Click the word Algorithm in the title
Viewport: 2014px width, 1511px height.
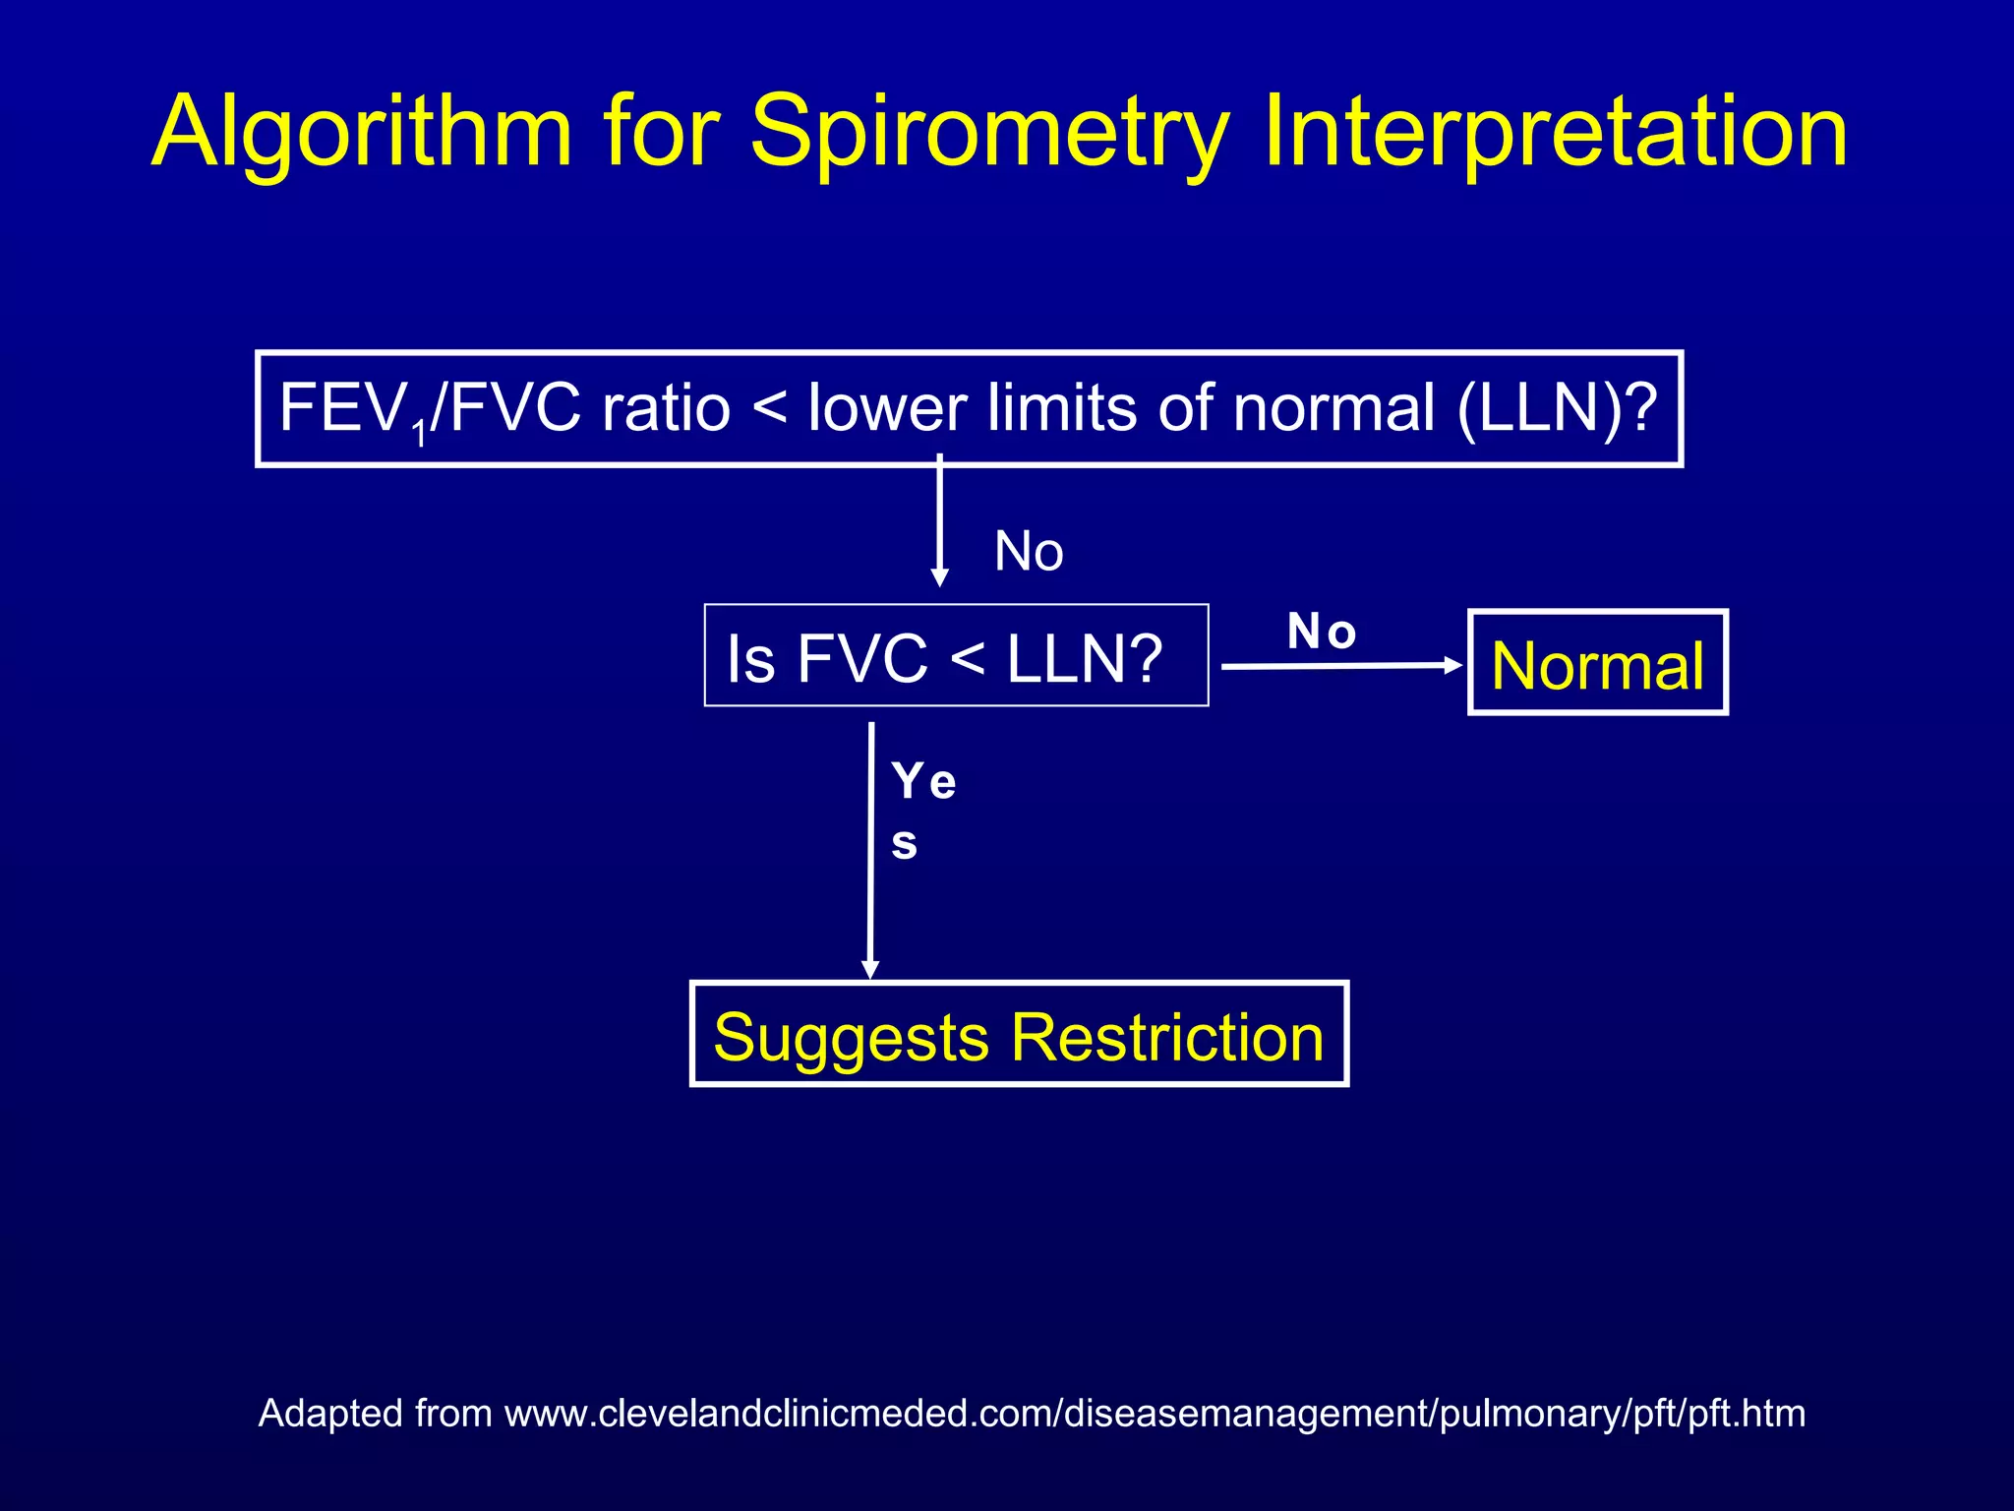tap(362, 133)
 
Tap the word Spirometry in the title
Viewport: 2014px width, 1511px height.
tap(989, 133)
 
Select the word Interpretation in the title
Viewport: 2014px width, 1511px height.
tap(1554, 133)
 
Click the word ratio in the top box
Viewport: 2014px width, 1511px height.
tap(666, 408)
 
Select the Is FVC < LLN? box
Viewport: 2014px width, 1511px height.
tap(956, 656)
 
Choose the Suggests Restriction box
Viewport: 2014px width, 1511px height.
tap(1019, 1035)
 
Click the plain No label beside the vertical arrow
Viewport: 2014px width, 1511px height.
tap(1029, 551)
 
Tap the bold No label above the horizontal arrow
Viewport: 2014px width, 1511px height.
tap(1322, 632)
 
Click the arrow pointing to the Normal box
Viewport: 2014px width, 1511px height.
tap(1341, 666)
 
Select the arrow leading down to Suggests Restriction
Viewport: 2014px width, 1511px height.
tap(870, 850)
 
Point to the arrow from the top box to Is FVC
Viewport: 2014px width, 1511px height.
tap(939, 521)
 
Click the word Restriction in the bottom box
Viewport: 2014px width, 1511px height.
tap(1167, 1037)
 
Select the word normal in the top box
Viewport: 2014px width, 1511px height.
tap(1333, 408)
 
